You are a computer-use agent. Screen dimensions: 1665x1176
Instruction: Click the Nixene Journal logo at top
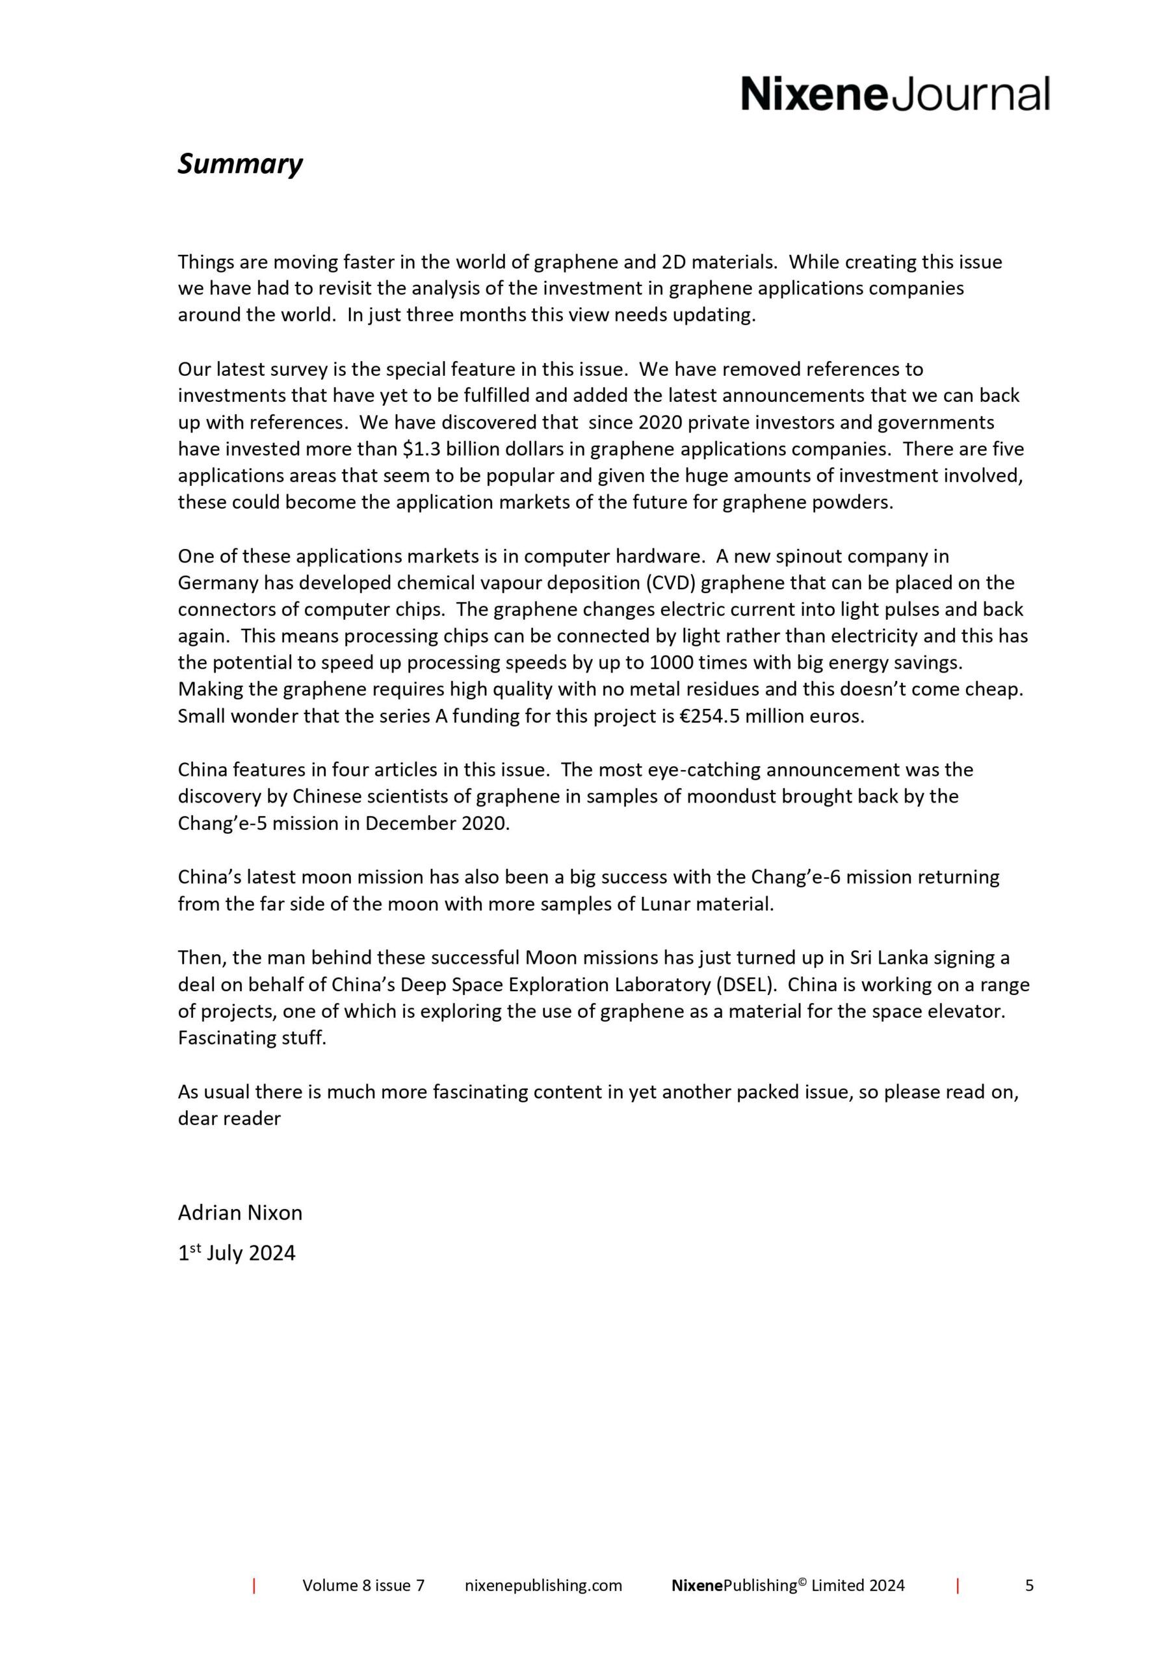895,94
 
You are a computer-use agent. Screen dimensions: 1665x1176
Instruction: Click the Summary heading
240,164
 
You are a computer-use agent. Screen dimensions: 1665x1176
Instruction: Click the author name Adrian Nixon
240,1212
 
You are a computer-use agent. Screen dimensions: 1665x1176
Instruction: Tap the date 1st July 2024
237,1253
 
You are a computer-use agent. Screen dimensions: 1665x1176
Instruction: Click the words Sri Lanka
879,958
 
